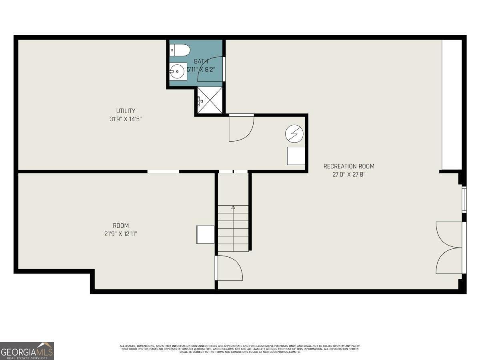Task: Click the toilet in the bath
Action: click(x=180, y=50)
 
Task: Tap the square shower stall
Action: click(x=209, y=100)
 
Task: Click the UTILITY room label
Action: click(x=126, y=111)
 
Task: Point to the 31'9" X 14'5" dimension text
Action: click(x=126, y=119)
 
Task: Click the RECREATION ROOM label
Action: click(x=349, y=166)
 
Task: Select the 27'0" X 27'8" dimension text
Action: click(x=349, y=174)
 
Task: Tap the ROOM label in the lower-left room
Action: click(x=120, y=226)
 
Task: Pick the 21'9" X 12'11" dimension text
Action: click(x=120, y=234)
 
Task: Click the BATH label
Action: click(x=201, y=61)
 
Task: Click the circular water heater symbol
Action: click(x=294, y=134)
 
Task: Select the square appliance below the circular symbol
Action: click(x=296, y=156)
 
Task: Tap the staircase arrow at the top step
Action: click(x=233, y=207)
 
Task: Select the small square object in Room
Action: click(x=205, y=234)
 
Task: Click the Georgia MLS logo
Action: click(x=27, y=351)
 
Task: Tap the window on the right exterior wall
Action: click(x=464, y=199)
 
